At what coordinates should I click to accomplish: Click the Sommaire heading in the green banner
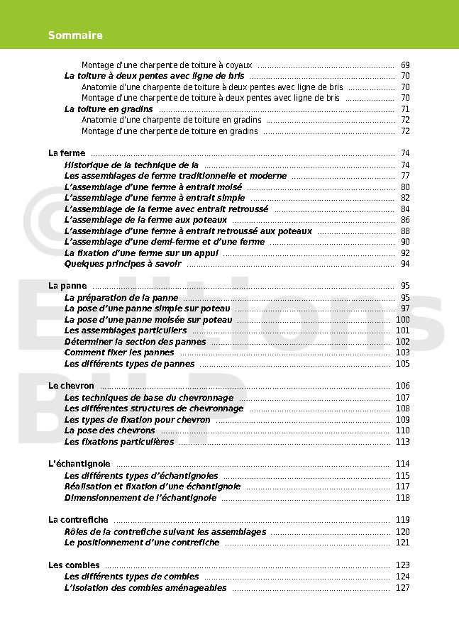point(75,35)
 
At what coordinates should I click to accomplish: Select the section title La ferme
point(67,153)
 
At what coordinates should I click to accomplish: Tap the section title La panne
point(67,286)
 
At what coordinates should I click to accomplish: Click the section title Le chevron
point(71,386)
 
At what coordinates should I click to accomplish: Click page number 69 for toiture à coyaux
point(404,65)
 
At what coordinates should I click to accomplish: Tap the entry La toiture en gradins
point(109,109)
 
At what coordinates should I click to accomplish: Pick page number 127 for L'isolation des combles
point(402,588)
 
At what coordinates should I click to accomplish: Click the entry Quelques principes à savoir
point(123,264)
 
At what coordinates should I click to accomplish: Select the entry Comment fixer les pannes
point(119,352)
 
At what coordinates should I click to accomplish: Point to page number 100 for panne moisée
point(402,320)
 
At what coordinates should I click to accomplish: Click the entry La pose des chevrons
point(109,431)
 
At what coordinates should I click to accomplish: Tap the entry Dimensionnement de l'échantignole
point(140,498)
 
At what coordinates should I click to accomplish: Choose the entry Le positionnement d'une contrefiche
point(142,543)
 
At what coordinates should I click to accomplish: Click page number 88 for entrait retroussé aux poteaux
point(404,231)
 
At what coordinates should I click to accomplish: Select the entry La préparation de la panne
point(121,298)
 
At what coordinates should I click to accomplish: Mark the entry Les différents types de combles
point(131,577)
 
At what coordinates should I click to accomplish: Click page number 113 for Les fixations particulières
point(402,442)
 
